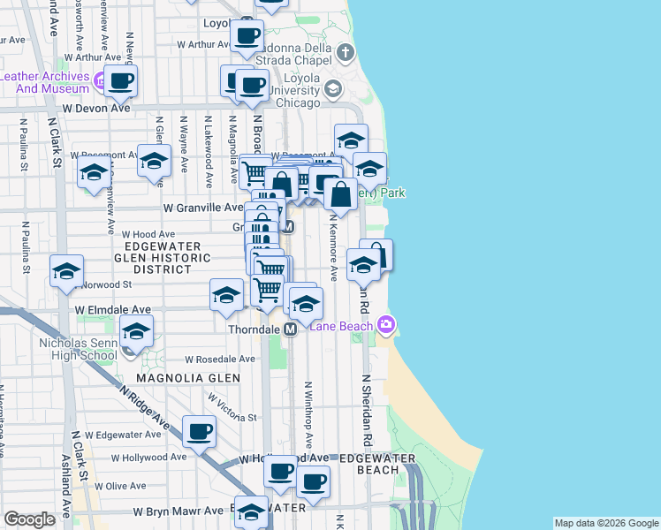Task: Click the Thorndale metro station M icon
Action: tap(289, 329)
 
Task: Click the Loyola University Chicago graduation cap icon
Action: tap(333, 88)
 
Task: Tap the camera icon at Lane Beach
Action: tap(386, 326)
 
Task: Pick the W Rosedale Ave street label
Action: tap(221, 360)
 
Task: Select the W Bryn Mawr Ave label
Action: tap(179, 511)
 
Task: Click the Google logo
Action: tap(29, 519)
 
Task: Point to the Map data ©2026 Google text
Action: tap(605, 523)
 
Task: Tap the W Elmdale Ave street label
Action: tap(113, 311)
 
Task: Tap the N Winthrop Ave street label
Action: tap(308, 415)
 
